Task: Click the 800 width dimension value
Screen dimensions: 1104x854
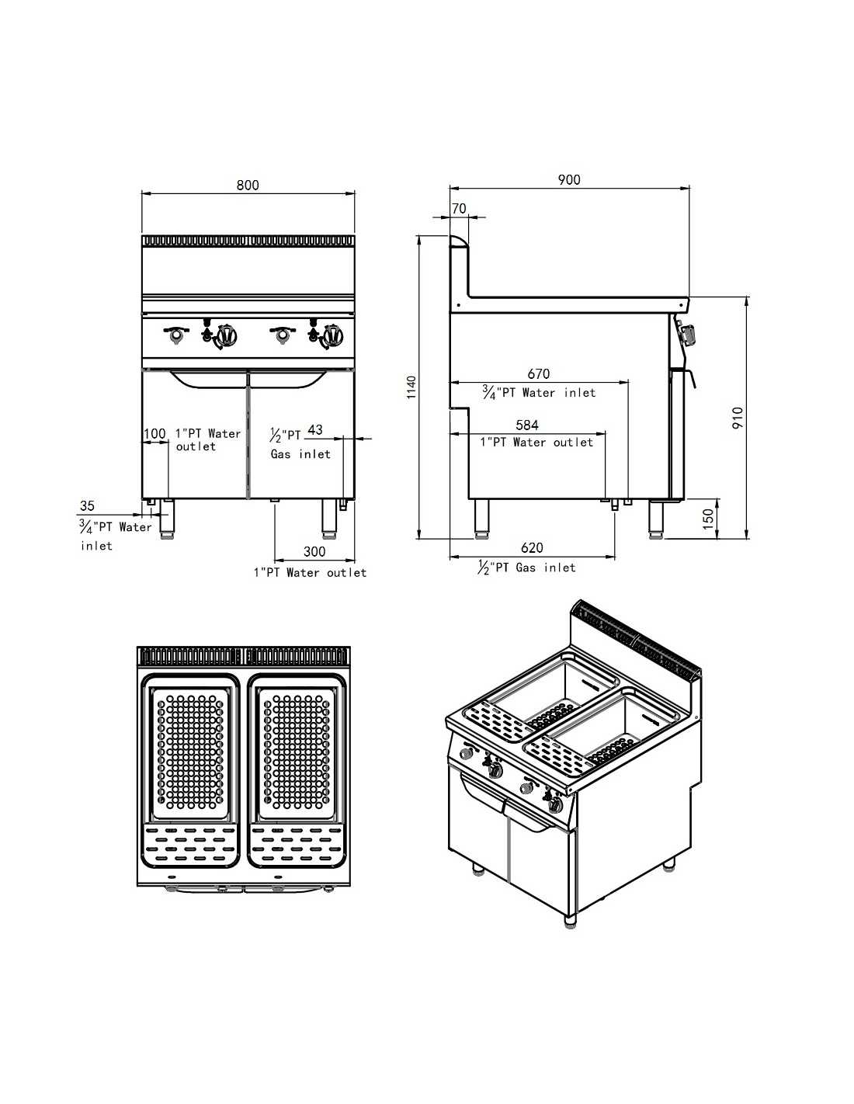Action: (248, 185)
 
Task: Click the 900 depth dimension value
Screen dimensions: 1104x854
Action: (569, 179)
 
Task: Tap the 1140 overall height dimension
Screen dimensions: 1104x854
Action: (412, 387)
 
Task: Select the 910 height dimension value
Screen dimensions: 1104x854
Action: (738, 418)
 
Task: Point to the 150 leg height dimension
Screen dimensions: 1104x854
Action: (707, 518)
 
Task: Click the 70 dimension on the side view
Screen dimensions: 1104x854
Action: (459, 208)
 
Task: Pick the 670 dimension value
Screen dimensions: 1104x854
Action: (538, 374)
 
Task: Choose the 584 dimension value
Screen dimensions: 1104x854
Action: (527, 425)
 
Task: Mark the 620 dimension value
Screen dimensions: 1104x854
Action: (532, 548)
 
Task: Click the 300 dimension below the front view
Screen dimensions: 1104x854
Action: (314, 551)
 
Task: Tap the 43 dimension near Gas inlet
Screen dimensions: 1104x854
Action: (315, 430)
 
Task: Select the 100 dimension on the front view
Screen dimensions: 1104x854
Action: (154, 433)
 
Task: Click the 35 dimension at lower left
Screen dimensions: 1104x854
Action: (87, 506)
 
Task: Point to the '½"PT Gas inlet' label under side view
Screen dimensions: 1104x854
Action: (527, 568)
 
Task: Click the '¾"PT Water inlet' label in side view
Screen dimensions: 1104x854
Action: (539, 393)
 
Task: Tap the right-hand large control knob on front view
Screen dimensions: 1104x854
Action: (333, 336)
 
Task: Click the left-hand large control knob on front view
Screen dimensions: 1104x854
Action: (226, 336)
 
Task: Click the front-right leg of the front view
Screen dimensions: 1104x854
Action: (329, 519)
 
